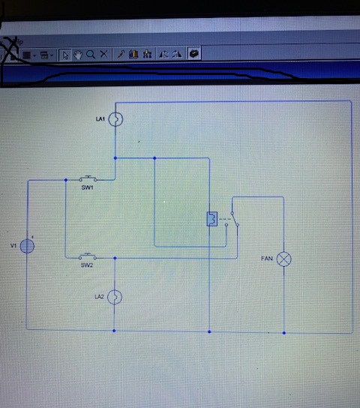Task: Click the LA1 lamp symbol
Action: click(115, 119)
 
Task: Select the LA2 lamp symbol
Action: click(115, 297)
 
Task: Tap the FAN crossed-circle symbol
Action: click(283, 259)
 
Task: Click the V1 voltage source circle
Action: click(27, 246)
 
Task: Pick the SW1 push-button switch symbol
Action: click(88, 178)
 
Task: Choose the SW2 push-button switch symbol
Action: click(88, 256)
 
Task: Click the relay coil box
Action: click(212, 219)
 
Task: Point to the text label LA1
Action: click(100, 119)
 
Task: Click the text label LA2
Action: click(99, 297)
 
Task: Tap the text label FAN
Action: click(267, 259)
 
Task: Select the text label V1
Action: click(13, 245)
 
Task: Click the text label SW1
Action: click(88, 187)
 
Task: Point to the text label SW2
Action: click(87, 265)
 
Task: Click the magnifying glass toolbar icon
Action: click(91, 55)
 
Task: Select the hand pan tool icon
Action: click(78, 55)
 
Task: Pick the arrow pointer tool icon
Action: click(65, 55)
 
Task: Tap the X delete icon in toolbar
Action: click(103, 54)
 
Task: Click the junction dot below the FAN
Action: click(284, 333)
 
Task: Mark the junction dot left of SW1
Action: click(66, 180)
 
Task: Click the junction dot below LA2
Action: click(114, 331)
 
